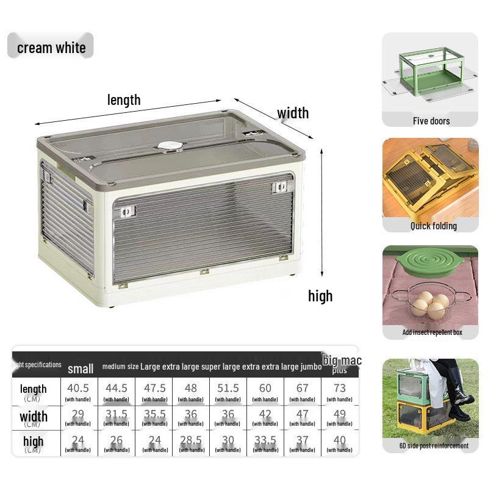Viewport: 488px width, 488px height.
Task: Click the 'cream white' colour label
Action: [x=51, y=48]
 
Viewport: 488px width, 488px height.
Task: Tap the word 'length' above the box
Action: [x=124, y=99]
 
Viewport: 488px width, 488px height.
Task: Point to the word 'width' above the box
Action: [x=293, y=113]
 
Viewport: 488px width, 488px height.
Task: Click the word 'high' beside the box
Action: [x=320, y=296]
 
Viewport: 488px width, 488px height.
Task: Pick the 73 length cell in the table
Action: [x=340, y=388]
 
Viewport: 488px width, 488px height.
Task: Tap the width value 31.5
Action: [x=117, y=414]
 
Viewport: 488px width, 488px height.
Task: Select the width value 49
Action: [x=340, y=414]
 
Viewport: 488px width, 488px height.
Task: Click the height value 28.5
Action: [x=191, y=440]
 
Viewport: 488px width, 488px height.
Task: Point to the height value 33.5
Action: [x=265, y=440]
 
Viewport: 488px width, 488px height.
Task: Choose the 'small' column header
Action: [x=81, y=368]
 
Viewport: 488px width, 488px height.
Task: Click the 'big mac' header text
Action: [x=342, y=361]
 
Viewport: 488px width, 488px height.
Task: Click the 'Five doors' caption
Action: [x=431, y=121]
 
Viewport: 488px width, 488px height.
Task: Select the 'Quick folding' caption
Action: [x=433, y=226]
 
